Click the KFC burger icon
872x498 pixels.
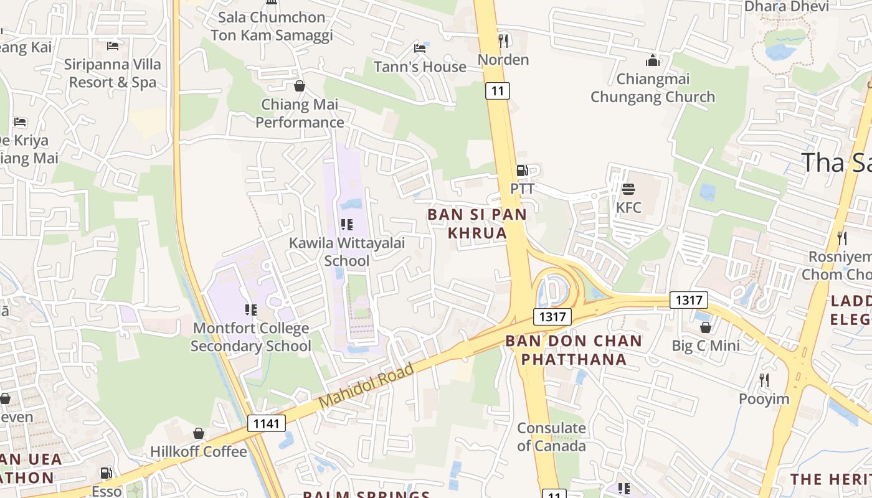pos(628,189)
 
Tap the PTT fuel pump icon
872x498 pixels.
pos(522,171)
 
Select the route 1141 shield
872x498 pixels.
pos(267,424)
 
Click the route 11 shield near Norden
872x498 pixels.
pos(498,91)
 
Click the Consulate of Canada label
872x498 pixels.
pos(551,437)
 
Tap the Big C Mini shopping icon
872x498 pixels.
pos(706,327)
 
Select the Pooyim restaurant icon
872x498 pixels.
pos(764,380)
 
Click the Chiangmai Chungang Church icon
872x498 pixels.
pos(653,60)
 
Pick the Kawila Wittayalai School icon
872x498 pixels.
pos(347,225)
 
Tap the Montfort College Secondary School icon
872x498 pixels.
pos(251,309)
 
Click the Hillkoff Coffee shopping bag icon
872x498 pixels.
pos(199,433)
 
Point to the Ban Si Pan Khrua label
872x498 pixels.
pos(477,223)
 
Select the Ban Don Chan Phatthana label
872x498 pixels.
pos(573,350)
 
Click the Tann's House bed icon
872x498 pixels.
pos(420,49)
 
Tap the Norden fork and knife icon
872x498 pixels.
pos(503,41)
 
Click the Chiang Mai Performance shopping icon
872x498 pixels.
pos(300,86)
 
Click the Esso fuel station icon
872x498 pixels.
pos(107,473)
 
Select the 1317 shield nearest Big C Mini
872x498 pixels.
pos(689,300)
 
